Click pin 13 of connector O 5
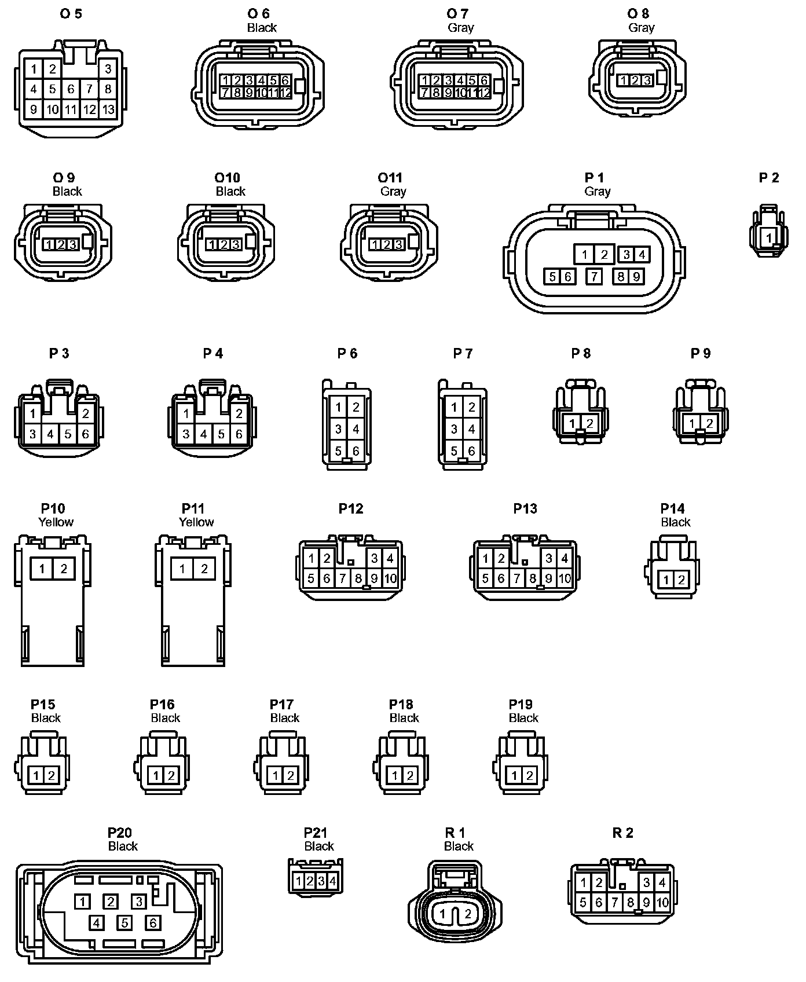tap(108, 109)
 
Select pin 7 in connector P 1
tap(594, 277)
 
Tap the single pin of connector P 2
tap(769, 237)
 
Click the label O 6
tap(258, 13)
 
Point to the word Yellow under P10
tap(56, 522)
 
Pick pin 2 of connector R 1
tap(468, 914)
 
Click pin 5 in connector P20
tap(124, 922)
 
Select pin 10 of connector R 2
tap(662, 902)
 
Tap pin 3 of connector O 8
tap(647, 80)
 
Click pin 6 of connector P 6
tap(356, 451)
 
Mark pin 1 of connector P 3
tap(33, 413)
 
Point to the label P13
tap(525, 508)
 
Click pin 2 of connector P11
tap(204, 569)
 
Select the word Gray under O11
tap(393, 191)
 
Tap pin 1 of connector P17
tap(276, 775)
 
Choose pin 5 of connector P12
tap(312, 578)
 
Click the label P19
tap(520, 704)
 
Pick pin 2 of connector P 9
tap(709, 423)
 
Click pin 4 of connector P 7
tap(471, 429)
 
